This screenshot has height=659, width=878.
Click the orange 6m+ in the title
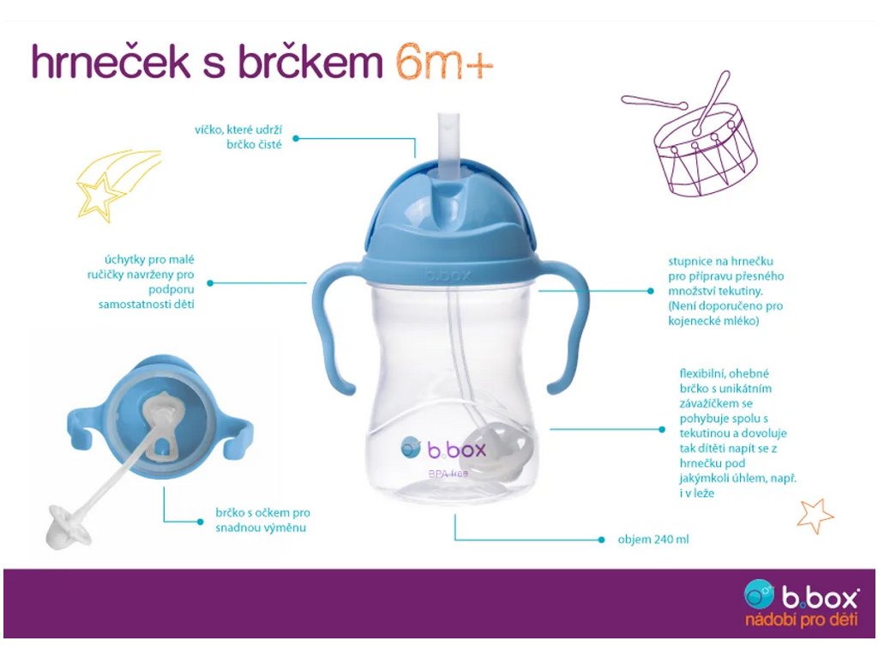tap(444, 63)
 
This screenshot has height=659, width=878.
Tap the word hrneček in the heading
tap(111, 62)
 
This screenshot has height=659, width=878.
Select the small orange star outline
tap(815, 516)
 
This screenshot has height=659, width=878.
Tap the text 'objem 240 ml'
tap(652, 540)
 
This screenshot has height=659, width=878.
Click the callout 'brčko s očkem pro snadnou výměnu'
tap(262, 520)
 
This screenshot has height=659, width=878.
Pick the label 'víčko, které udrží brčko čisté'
tap(238, 136)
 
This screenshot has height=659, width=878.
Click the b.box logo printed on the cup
tap(443, 449)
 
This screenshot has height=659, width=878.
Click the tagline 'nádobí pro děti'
tap(802, 620)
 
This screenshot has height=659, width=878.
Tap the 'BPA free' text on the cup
tap(448, 474)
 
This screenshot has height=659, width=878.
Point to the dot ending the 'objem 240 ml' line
tap(601, 541)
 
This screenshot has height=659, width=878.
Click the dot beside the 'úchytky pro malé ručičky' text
tap(210, 283)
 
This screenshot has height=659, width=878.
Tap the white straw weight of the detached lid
tap(69, 526)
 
